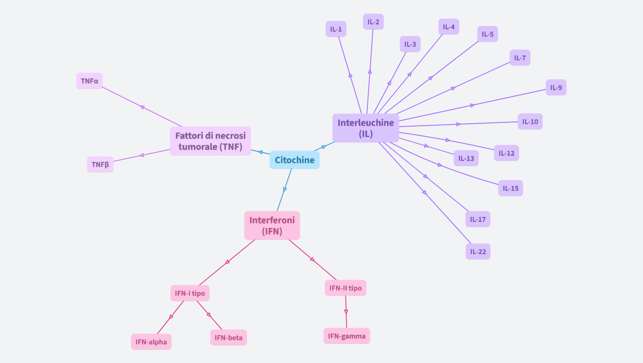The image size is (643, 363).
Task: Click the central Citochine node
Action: pyautogui.click(x=295, y=160)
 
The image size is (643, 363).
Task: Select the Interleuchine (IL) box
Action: pyautogui.click(x=365, y=128)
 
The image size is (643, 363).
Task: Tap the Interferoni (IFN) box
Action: pyautogui.click(x=272, y=225)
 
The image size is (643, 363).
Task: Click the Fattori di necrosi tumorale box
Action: pyautogui.click(x=210, y=141)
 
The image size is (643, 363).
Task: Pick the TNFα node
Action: pyautogui.click(x=89, y=81)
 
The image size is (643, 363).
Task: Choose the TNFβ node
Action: pyautogui.click(x=100, y=164)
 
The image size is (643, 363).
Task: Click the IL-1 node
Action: pyautogui.click(x=336, y=29)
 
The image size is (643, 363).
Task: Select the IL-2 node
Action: pyautogui.click(x=373, y=22)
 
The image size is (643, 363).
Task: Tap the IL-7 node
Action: pyautogui.click(x=520, y=58)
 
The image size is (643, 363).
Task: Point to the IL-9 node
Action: pyautogui.click(x=556, y=87)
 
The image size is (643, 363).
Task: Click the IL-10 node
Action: pyautogui.click(x=530, y=121)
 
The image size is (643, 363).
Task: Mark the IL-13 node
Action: pyautogui.click(x=466, y=158)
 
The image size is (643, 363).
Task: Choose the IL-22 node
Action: pyautogui.click(x=478, y=251)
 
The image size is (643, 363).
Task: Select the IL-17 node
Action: pyautogui.click(x=478, y=219)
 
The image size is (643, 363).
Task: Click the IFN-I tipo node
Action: pyautogui.click(x=190, y=293)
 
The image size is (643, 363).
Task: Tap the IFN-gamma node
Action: pyautogui.click(x=347, y=336)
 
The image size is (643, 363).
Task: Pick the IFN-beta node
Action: pyautogui.click(x=228, y=337)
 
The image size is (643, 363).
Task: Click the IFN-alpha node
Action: pyautogui.click(x=151, y=342)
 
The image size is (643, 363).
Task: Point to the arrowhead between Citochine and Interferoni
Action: pyautogui.click(x=285, y=190)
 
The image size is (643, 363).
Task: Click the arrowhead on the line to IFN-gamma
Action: pyautogui.click(x=346, y=311)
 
